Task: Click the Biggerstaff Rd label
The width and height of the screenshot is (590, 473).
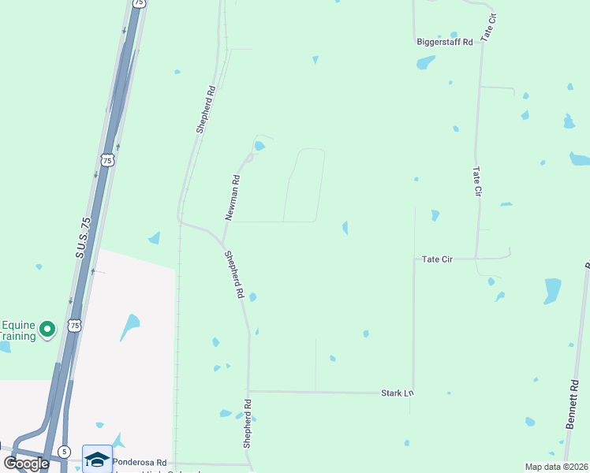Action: [x=444, y=43]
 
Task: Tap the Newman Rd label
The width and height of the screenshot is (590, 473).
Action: [x=232, y=196]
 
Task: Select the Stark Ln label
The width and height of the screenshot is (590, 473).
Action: [x=397, y=392]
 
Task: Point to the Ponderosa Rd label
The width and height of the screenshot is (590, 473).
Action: [x=139, y=462]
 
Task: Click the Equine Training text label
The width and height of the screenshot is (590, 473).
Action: [x=17, y=330]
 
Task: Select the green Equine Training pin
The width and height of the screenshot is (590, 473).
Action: [x=47, y=329]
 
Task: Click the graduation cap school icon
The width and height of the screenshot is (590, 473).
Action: [x=97, y=458]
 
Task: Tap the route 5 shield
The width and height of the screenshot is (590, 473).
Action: [x=63, y=453]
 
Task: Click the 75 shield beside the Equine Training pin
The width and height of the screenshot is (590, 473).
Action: [x=75, y=325]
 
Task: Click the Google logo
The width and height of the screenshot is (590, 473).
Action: [x=27, y=463]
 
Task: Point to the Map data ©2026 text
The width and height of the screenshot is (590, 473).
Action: [x=555, y=467]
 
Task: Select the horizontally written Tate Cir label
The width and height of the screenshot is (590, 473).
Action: [x=437, y=259]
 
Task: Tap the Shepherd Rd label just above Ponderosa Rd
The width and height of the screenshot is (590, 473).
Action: [x=247, y=424]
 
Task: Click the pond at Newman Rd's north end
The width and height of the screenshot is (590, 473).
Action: [x=260, y=146]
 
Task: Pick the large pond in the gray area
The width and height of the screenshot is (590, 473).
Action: [x=129, y=325]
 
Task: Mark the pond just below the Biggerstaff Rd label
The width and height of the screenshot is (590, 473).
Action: [x=426, y=62]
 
